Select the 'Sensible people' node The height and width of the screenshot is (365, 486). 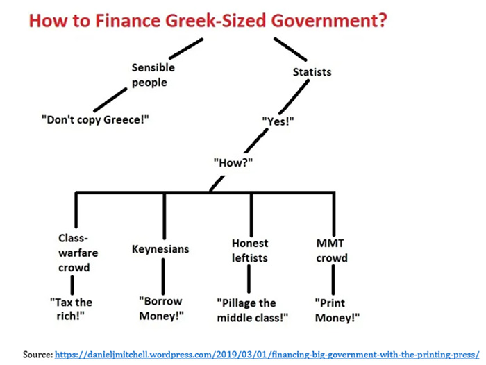click(x=153, y=75)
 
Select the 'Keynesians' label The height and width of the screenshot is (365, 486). click(x=160, y=248)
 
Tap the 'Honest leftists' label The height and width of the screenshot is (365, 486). click(x=250, y=250)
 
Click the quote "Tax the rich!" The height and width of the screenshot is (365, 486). click(x=71, y=309)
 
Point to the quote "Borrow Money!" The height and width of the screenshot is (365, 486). click(x=161, y=308)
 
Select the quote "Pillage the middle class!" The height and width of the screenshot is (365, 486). click(x=252, y=310)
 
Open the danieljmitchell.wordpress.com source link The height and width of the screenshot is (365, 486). click(x=269, y=354)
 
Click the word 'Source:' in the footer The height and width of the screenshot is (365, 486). click(x=38, y=354)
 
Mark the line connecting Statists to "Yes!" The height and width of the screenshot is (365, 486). click(x=296, y=97)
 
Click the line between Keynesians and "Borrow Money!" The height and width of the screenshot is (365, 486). click(x=162, y=275)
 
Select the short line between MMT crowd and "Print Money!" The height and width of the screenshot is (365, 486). click(x=334, y=279)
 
